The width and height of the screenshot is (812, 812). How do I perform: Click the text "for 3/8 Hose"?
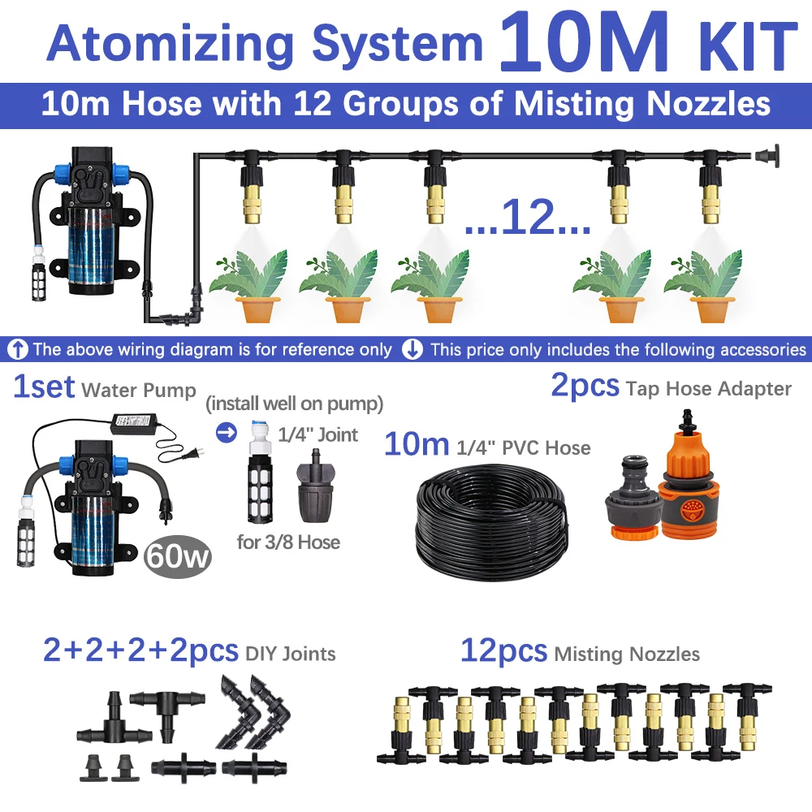pyautogui.click(x=288, y=541)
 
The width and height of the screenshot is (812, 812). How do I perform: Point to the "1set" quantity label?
pyautogui.click(x=44, y=387)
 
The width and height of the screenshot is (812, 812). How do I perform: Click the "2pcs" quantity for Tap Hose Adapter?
pyautogui.click(x=585, y=386)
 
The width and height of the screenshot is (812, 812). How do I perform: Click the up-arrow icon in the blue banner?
pyautogui.click(x=17, y=350)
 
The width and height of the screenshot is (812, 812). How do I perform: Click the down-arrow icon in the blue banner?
pyautogui.click(x=413, y=350)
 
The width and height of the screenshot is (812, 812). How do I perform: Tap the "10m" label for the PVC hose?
pyautogui.click(x=416, y=444)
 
